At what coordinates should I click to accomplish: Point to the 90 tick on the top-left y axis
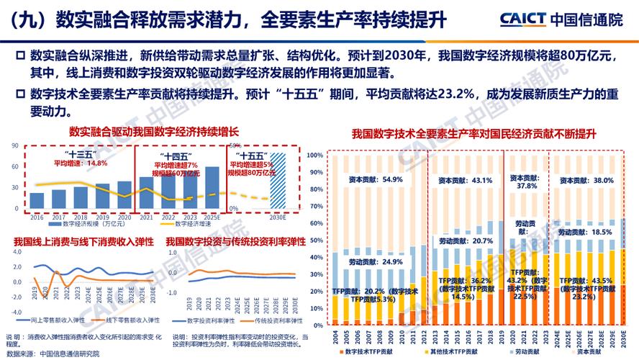click(15, 146)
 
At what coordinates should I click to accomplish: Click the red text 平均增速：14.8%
click(81, 163)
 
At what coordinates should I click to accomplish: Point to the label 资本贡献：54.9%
click(371, 179)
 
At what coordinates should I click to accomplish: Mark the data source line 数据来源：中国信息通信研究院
click(53, 354)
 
